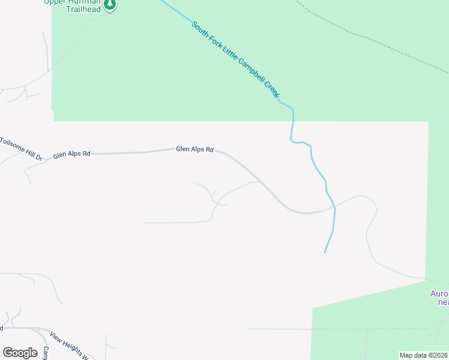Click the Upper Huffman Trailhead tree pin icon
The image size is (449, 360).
[109, 5]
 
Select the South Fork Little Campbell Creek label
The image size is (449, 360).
[236, 59]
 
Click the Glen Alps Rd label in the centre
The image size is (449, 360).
[194, 149]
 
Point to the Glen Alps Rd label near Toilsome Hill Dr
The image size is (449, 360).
[71, 154]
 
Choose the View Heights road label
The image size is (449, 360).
[68, 344]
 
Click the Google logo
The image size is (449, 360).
[20, 353]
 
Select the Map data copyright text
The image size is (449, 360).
[423, 355]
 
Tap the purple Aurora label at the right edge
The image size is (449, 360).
[439, 294]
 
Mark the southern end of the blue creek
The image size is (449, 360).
[325, 252]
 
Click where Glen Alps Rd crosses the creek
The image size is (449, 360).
[333, 208]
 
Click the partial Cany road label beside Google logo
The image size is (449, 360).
[45, 352]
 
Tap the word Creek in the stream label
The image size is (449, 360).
[271, 89]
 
